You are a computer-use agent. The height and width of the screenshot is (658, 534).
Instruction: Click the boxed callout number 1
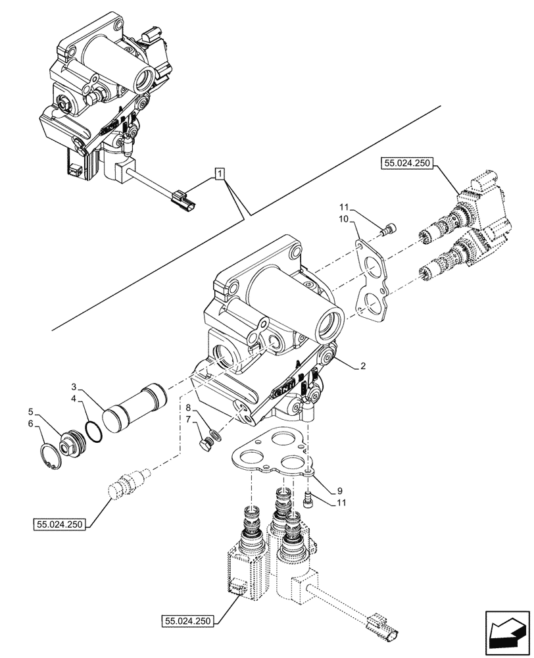pos(220,174)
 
